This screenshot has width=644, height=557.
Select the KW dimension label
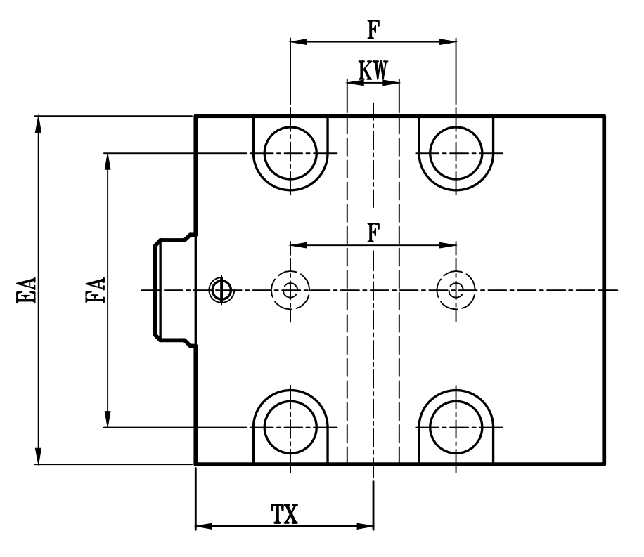tap(373, 70)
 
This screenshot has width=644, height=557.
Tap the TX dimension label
tap(284, 515)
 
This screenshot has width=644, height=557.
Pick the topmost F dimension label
tap(373, 30)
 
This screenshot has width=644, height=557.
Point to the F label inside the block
tap(373, 233)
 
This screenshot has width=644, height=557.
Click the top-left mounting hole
tap(290, 152)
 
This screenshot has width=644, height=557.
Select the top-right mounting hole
tap(456, 152)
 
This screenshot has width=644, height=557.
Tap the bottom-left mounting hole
tap(290, 426)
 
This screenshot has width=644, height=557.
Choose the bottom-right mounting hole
tap(456, 426)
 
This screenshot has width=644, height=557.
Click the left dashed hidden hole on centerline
tap(290, 289)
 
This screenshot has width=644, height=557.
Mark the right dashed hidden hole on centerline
tap(456, 289)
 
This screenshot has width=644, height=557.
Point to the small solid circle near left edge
tap(221, 289)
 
